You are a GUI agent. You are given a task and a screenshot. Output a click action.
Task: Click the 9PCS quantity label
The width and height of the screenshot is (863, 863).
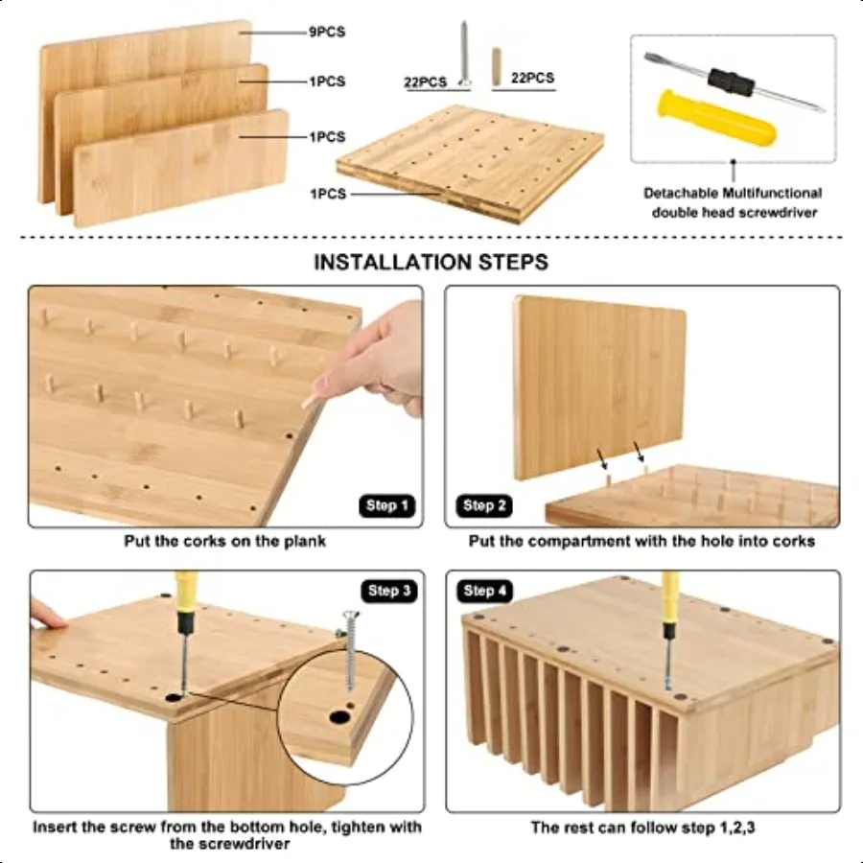pyautogui.click(x=327, y=32)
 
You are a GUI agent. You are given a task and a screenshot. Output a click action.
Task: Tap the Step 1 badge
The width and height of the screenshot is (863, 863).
pyautogui.click(x=388, y=505)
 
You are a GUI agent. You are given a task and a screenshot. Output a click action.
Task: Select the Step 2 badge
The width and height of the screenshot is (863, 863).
pyautogui.click(x=486, y=505)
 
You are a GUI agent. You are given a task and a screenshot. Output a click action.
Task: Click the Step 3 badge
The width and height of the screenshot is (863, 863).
pyautogui.click(x=388, y=591)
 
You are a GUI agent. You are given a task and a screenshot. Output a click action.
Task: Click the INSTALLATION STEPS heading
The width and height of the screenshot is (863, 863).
pyautogui.click(x=431, y=262)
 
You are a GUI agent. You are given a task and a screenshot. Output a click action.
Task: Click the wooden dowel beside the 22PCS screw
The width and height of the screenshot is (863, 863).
pyautogui.click(x=498, y=67)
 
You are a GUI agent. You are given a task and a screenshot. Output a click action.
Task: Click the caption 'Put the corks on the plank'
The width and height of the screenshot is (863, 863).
pyautogui.click(x=224, y=541)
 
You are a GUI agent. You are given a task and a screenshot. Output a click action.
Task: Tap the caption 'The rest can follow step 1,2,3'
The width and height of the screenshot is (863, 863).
pyautogui.click(x=642, y=827)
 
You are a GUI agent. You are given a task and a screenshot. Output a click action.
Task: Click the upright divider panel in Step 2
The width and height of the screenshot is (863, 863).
pyautogui.click(x=599, y=384)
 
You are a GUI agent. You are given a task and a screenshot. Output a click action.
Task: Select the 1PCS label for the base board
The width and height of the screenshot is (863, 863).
pyautogui.click(x=327, y=194)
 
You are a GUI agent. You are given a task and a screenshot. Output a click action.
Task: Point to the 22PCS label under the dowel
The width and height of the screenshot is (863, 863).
pyautogui.click(x=532, y=78)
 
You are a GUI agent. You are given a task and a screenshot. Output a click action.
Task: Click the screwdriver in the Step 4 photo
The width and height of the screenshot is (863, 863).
pyautogui.click(x=669, y=628)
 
